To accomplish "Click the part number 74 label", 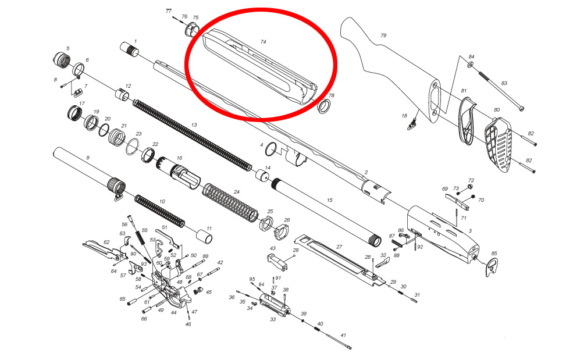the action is pyautogui.click(x=263, y=42).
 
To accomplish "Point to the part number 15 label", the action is pyautogui.click(x=329, y=200).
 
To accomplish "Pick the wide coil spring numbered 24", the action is pyautogui.click(x=230, y=204).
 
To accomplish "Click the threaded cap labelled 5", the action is pyautogui.click(x=61, y=60).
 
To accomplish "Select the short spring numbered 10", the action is pyautogui.click(x=160, y=211).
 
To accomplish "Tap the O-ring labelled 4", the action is pyautogui.click(x=271, y=149).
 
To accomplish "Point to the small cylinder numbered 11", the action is pyautogui.click(x=204, y=237).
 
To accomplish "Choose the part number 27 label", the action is pyautogui.click(x=339, y=247).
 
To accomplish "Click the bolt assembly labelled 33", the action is pyautogui.click(x=275, y=305).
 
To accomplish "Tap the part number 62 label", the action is pyautogui.click(x=106, y=242).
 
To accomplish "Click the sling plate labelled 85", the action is pyautogui.click(x=492, y=268).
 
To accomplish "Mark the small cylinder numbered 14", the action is pyautogui.click(x=263, y=176).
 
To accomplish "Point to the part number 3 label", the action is pyautogui.click(x=470, y=231).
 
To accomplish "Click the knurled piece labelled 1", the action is pyautogui.click(x=129, y=48).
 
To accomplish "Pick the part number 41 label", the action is pyautogui.click(x=343, y=336).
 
